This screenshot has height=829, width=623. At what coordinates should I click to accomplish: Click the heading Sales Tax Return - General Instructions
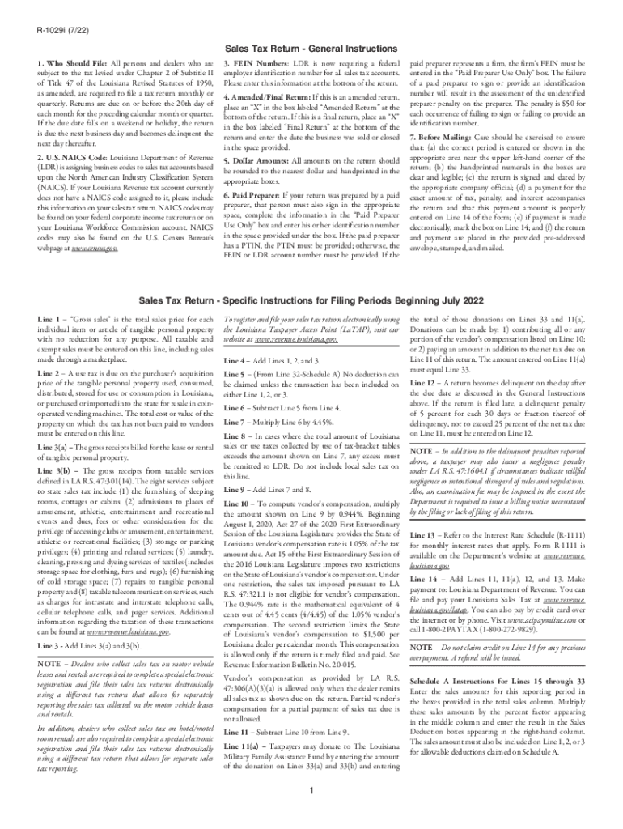(x=311, y=49)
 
